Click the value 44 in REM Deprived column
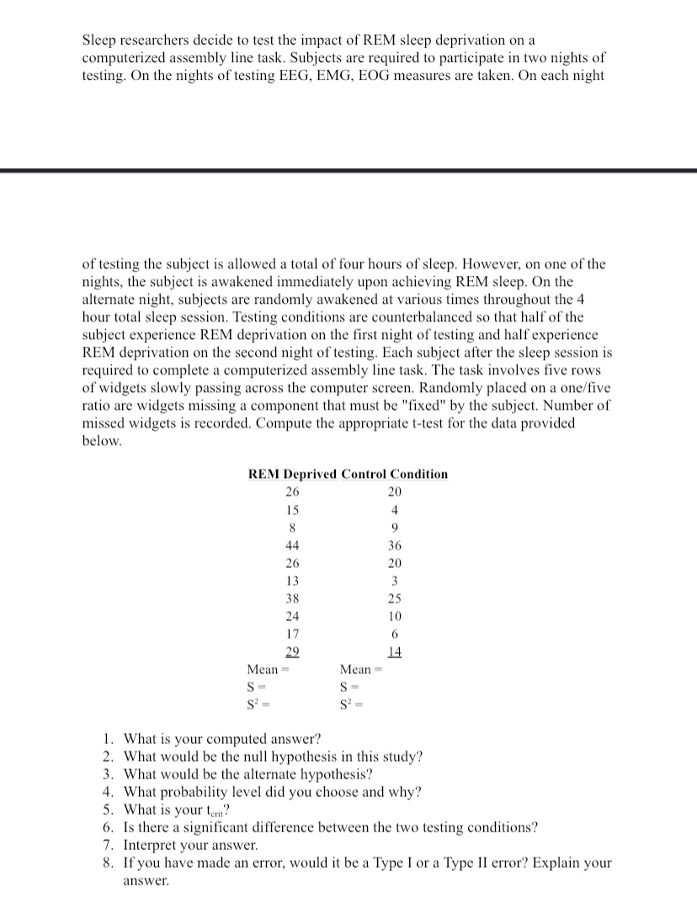coord(292,544)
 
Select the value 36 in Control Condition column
coord(395,544)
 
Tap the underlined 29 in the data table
coord(292,651)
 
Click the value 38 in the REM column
coord(292,598)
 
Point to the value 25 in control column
coord(395,598)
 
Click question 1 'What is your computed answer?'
coord(222,740)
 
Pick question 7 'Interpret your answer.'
coord(190,845)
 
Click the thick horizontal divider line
coord(348,171)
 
